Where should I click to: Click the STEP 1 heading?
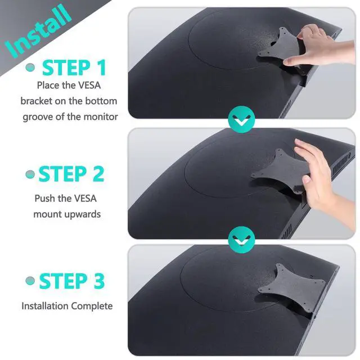[x=74, y=67]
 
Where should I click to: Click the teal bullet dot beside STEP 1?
[x=31, y=68]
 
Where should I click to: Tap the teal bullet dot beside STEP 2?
[x=30, y=175]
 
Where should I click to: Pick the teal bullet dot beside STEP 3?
[x=30, y=281]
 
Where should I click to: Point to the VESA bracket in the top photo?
[x=278, y=48]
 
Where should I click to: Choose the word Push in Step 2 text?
[x=44, y=198]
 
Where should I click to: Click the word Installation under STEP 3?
[x=45, y=306]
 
